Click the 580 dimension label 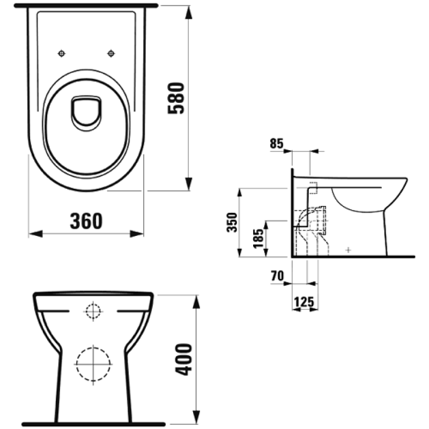[x=176, y=98]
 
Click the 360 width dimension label [x=86, y=221]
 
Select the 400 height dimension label [x=183, y=359]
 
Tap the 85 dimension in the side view [x=277, y=144]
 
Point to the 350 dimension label [x=232, y=223]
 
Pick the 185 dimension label [x=258, y=238]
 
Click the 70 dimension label [x=277, y=276]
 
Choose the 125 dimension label [x=304, y=302]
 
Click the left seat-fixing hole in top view [x=62, y=53]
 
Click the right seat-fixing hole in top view [x=111, y=53]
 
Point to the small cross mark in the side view [x=348, y=250]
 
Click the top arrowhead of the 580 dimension [x=188, y=12]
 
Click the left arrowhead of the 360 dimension [x=35, y=234]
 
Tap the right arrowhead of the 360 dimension [x=137, y=234]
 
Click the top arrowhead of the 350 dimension [x=239, y=193]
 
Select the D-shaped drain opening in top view [x=86, y=113]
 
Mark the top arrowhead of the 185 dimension [x=265, y=225]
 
